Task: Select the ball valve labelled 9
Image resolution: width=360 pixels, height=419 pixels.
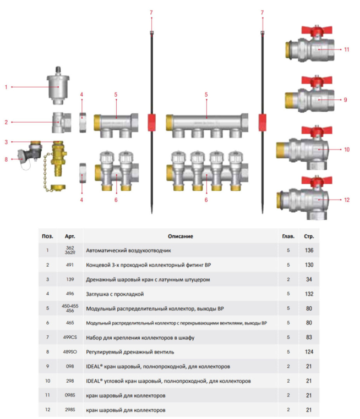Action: [310, 100]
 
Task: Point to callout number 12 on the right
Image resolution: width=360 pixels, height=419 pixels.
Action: [347, 199]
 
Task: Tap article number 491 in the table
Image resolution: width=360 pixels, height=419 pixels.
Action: [69, 265]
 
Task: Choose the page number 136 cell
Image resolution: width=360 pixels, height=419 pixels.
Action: [308, 251]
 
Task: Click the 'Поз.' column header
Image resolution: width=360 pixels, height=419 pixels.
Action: [48, 236]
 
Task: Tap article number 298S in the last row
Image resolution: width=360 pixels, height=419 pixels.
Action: [70, 410]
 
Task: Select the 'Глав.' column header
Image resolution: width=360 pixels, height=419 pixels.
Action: [288, 236]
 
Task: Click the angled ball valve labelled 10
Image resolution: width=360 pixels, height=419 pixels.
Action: [309, 148]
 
